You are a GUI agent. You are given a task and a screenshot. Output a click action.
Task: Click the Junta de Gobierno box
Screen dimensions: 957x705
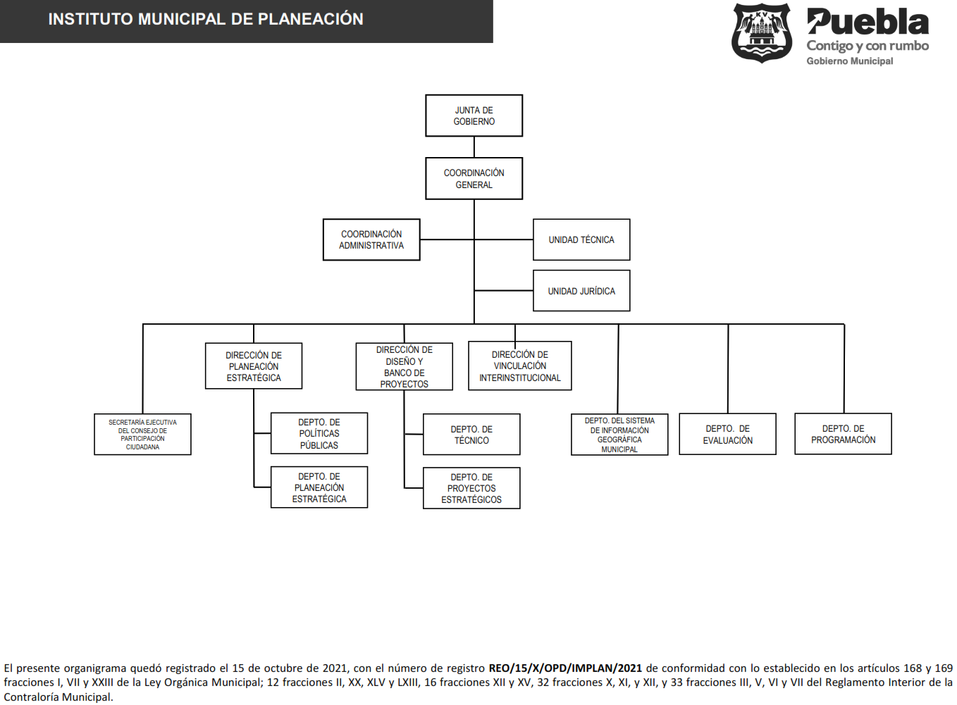(x=474, y=116)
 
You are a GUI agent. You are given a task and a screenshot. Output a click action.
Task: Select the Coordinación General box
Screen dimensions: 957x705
(x=474, y=178)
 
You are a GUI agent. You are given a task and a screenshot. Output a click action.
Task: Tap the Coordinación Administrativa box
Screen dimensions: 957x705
(x=371, y=239)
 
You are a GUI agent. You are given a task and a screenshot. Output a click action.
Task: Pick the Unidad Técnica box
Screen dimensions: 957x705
(x=581, y=239)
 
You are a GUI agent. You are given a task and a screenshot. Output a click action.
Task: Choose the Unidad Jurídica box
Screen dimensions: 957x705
(x=581, y=291)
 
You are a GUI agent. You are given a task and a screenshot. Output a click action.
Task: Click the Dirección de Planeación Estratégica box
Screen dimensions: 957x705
(x=254, y=366)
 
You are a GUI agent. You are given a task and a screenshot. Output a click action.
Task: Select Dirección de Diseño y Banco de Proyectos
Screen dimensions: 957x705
(x=405, y=366)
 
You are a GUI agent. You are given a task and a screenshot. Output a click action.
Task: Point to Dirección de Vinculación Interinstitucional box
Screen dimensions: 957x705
(x=520, y=366)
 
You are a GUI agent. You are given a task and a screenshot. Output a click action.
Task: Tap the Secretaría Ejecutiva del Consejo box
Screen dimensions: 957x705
(x=142, y=435)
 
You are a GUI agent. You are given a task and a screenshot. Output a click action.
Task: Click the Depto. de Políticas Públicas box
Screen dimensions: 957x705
(x=319, y=433)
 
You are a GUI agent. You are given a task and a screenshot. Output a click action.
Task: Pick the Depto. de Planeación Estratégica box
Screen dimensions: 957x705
(x=319, y=487)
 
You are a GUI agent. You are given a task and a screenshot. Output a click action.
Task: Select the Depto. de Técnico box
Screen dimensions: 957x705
(x=471, y=435)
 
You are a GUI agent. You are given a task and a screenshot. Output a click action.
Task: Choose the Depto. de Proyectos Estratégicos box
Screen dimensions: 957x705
(x=471, y=488)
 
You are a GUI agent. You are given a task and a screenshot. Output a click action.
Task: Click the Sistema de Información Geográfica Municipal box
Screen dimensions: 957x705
(x=619, y=435)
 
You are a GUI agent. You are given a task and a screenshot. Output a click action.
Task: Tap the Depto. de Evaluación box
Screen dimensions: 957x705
(x=727, y=434)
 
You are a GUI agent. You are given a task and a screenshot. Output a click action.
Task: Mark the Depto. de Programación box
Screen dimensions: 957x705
(x=843, y=434)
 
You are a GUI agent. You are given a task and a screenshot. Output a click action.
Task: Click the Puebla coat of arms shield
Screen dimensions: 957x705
(x=761, y=33)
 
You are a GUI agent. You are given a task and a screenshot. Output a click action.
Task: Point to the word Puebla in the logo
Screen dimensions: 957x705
(x=868, y=23)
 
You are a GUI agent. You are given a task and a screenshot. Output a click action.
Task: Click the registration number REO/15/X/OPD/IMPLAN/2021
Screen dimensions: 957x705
(x=565, y=668)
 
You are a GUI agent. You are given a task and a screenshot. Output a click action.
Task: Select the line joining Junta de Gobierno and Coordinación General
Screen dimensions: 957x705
(x=474, y=147)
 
